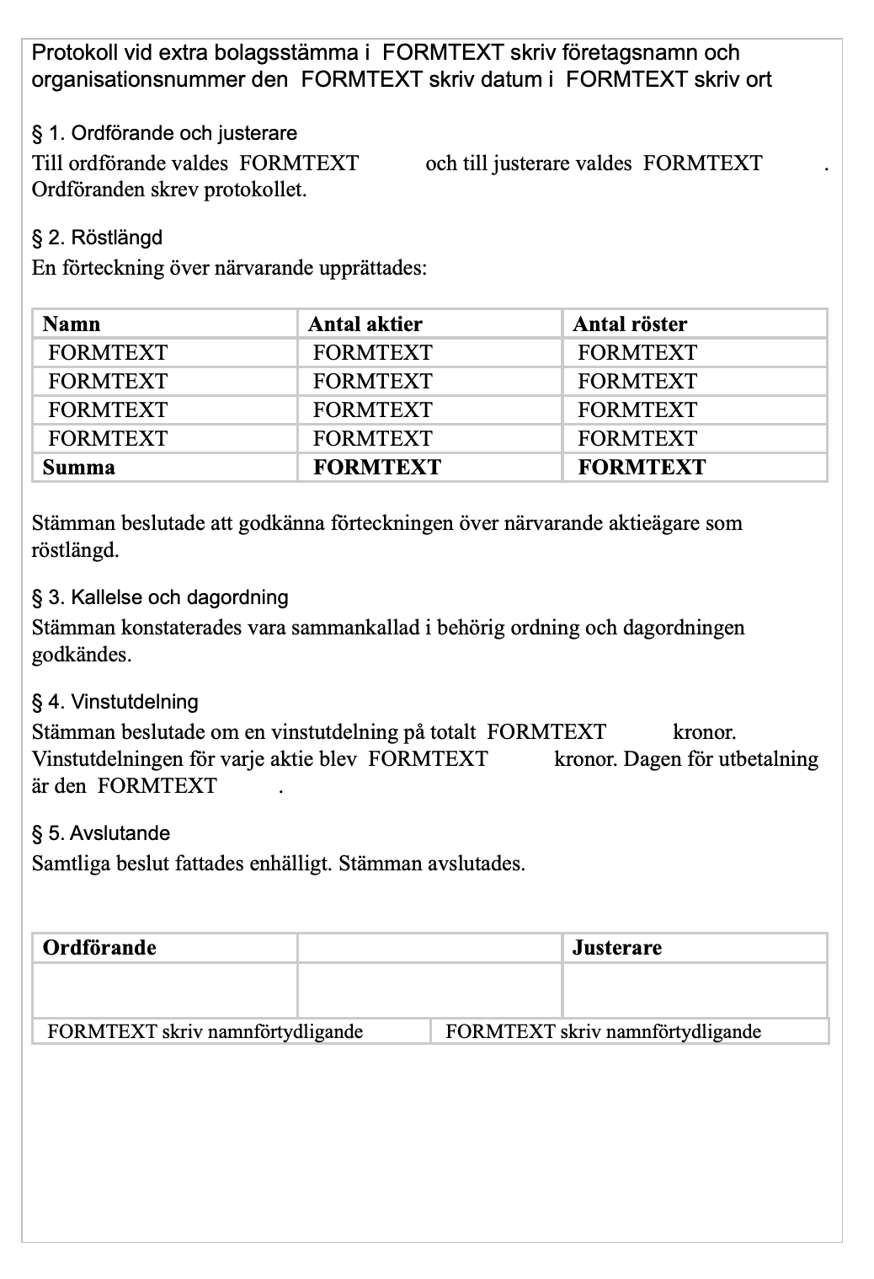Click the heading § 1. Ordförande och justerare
(164, 133)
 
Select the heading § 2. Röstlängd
(97, 238)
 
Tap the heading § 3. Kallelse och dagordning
(160, 597)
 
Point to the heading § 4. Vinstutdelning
(115, 702)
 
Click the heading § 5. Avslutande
(101, 833)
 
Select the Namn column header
(72, 324)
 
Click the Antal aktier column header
(365, 324)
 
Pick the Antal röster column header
(630, 324)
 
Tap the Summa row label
(79, 468)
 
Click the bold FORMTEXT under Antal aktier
(377, 468)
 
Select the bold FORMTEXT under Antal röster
(642, 468)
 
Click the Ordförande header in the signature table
(99, 948)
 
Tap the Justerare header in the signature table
(617, 948)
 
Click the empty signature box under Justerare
(695, 989)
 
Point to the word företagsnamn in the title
(625, 53)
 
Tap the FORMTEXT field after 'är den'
(157, 786)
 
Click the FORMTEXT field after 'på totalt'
(547, 732)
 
